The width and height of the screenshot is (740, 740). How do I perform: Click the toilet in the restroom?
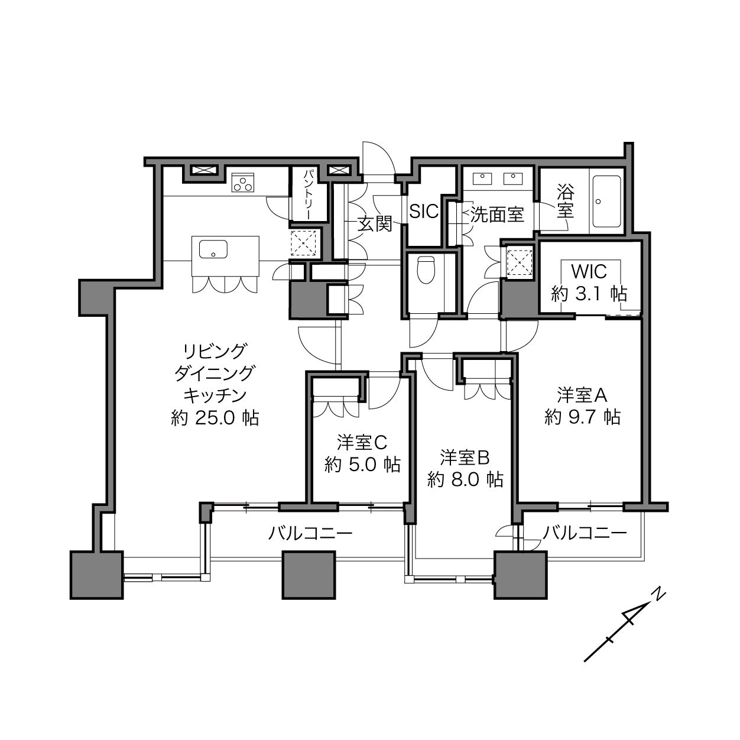click(426, 270)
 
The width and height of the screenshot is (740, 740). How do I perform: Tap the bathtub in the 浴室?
click(607, 202)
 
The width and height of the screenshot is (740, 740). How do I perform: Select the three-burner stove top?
click(243, 182)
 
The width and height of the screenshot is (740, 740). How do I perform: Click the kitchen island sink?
click(213, 249)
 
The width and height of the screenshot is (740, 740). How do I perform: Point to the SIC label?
click(424, 211)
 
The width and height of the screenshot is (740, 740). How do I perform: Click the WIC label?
click(589, 272)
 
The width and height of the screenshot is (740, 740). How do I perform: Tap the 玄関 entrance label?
click(375, 223)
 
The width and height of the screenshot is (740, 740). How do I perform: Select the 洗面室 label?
click(497, 215)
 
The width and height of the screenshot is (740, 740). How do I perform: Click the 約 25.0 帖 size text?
click(215, 418)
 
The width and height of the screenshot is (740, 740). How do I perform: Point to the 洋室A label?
click(582, 395)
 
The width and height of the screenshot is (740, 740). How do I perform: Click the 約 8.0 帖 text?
click(465, 479)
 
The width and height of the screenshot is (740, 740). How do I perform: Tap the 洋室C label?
click(362, 442)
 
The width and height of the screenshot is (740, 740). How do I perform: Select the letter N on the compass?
click(660, 594)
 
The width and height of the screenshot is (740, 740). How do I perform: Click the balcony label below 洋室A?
click(585, 533)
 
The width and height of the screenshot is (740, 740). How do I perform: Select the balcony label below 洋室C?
click(310, 533)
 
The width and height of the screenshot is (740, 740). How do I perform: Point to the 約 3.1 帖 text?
click(589, 294)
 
